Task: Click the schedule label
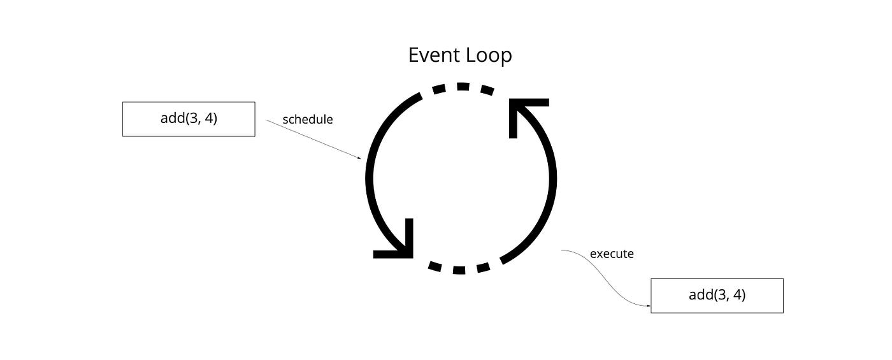[x=308, y=119]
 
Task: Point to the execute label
[x=612, y=254]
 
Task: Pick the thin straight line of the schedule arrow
[x=312, y=140]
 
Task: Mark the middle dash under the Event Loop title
[x=463, y=86]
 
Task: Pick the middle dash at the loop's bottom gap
[x=459, y=270]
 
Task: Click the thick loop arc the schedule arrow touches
[x=372, y=166]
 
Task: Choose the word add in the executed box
[x=701, y=295]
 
